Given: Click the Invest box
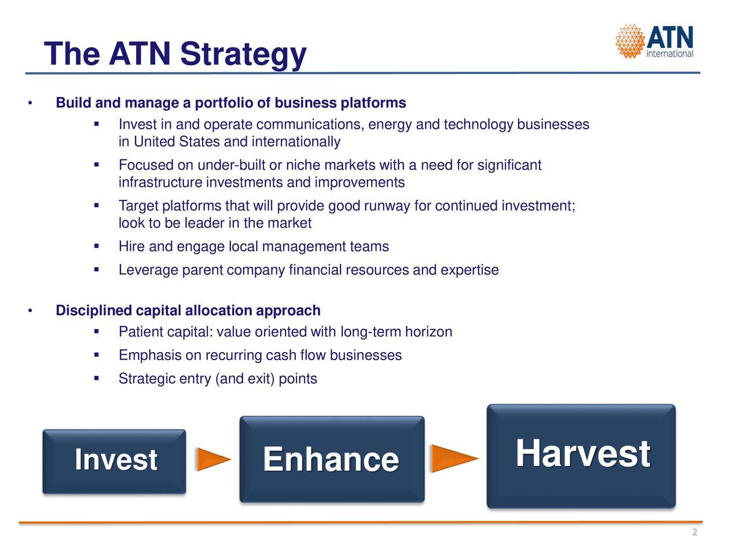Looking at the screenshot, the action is coord(114,462).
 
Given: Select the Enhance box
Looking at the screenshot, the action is coord(332,459).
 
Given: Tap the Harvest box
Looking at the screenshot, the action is coord(581,456).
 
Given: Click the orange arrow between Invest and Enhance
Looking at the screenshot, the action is coord(214,459).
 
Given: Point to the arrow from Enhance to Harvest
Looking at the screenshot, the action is coord(454,458).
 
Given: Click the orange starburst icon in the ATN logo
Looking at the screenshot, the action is coord(630,41).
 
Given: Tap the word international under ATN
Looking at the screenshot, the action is coord(669,54).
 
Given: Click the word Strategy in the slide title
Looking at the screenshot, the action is coord(243,54).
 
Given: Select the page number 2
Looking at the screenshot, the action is coord(695,532).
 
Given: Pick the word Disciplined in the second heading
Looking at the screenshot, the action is coord(94,310).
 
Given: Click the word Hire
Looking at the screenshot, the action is coord(131,246).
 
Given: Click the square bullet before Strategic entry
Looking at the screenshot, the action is coord(97,379).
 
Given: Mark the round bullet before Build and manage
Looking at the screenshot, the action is coord(30,103).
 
